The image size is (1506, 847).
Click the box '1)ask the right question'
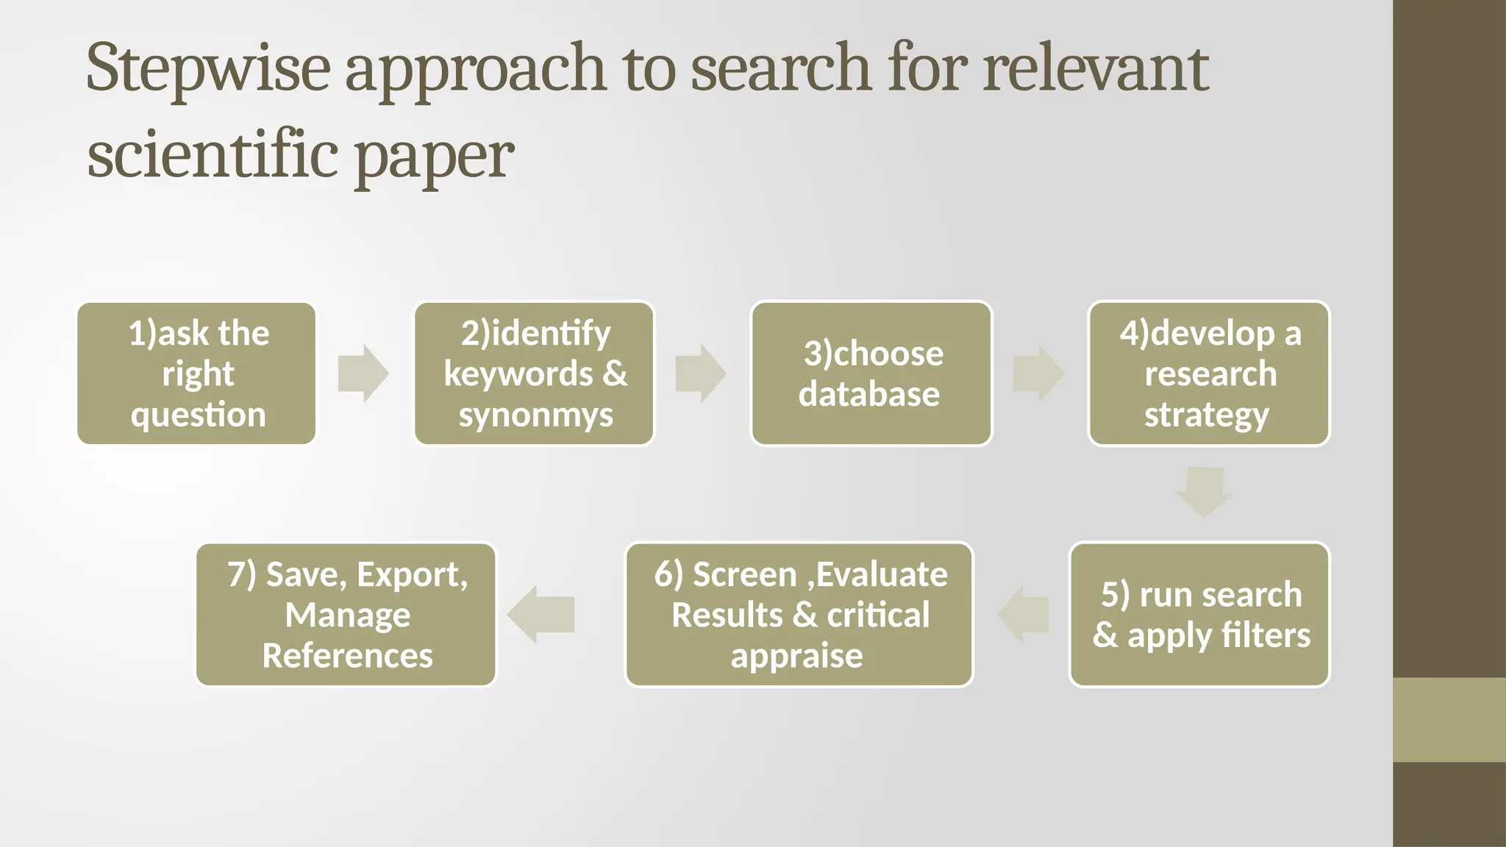196,374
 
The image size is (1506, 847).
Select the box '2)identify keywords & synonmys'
535,374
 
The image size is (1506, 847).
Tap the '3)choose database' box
871,374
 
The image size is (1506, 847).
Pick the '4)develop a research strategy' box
1209,374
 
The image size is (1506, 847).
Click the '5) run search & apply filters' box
1199,615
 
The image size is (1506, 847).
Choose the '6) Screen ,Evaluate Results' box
799,615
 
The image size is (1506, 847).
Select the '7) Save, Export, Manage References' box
346,615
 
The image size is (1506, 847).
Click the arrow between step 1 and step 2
363,374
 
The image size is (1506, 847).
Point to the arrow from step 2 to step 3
701,374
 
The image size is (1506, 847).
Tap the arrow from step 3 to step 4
1038,374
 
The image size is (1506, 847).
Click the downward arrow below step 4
1204,491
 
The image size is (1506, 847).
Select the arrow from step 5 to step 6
1024,615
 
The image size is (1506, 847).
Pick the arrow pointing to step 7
541,615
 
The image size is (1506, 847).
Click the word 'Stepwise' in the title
208,69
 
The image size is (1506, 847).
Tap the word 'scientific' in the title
213,156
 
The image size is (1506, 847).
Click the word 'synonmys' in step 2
535,415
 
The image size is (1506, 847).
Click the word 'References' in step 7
347,656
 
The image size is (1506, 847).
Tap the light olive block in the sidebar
1449,720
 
